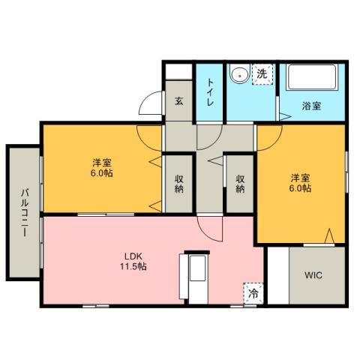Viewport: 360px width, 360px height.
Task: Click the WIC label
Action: pyautogui.click(x=313, y=275)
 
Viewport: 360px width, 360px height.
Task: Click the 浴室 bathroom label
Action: pyautogui.click(x=311, y=106)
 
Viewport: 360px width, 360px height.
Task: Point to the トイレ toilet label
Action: pyautogui.click(x=210, y=92)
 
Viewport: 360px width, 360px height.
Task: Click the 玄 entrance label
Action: pyautogui.click(x=180, y=100)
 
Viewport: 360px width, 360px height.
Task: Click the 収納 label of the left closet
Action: pyautogui.click(x=180, y=184)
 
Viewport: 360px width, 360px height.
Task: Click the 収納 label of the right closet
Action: pyautogui.click(x=240, y=184)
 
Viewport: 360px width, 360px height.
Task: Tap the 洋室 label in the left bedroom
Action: pyautogui.click(x=103, y=163)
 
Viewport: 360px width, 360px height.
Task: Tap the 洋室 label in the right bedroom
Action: pyautogui.click(x=301, y=177)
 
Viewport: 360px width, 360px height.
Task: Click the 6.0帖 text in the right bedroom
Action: pyautogui.click(x=301, y=188)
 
